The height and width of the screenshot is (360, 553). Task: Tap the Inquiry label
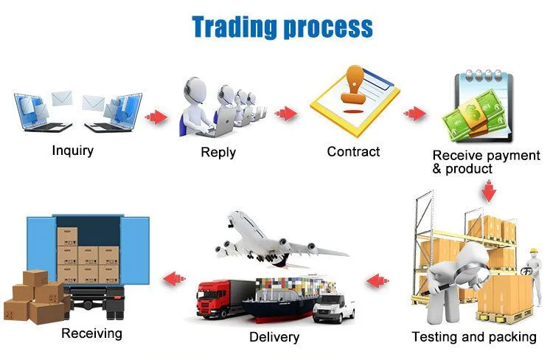point(73,150)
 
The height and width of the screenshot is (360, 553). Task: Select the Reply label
point(218,153)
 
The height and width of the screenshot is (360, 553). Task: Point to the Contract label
point(354,152)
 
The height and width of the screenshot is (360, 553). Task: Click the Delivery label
point(274,337)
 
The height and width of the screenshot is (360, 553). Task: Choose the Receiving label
point(91,333)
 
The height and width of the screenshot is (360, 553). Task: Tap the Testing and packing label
point(474,337)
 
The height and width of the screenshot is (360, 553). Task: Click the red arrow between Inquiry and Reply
point(156,117)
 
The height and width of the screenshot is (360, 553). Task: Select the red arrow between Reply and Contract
point(286,114)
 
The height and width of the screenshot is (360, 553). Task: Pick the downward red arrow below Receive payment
point(487,193)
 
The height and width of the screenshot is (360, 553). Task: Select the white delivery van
point(333,306)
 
